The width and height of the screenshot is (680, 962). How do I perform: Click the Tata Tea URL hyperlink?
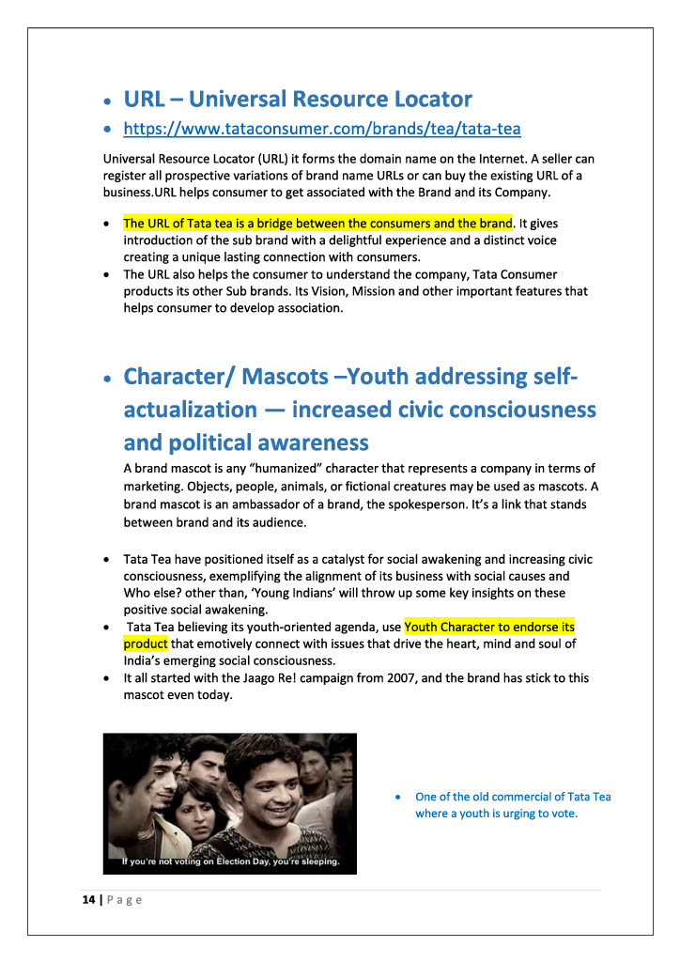pos(322,128)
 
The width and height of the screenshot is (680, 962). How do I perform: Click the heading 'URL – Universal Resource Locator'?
pos(298,99)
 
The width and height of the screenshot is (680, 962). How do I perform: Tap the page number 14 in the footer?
pos(88,900)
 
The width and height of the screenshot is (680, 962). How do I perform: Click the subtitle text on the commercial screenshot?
pos(230,861)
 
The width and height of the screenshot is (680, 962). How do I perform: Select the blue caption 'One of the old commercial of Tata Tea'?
pos(513,797)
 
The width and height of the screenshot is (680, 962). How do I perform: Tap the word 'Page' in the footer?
pos(124,900)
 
